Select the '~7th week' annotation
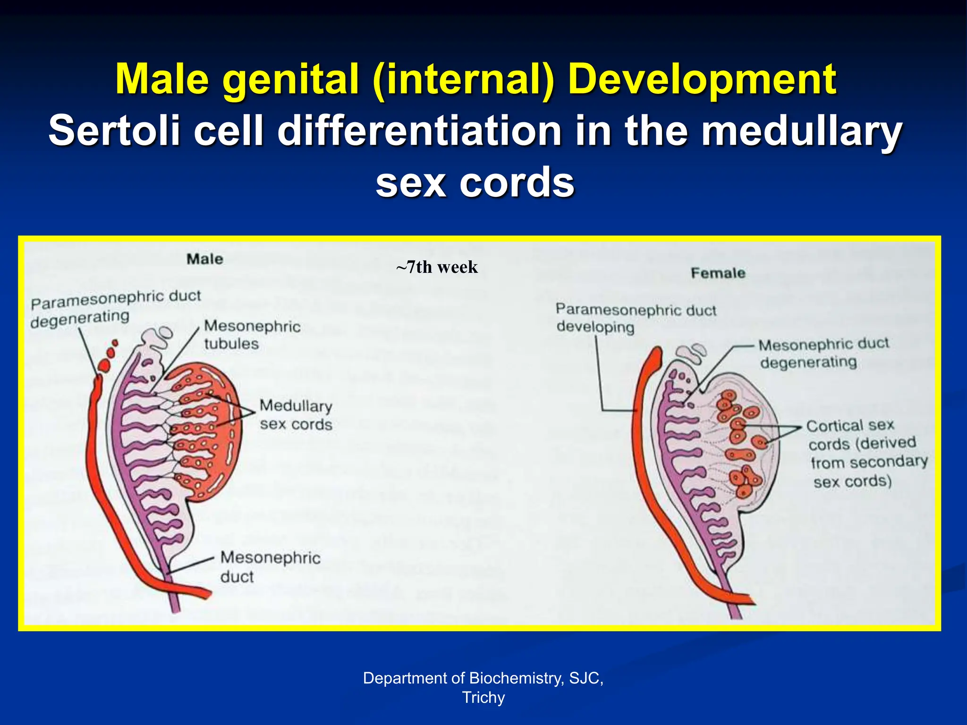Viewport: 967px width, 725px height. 437,267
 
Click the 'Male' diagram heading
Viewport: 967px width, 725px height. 204,259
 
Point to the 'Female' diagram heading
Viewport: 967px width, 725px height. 718,273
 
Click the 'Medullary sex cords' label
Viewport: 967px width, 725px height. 296,415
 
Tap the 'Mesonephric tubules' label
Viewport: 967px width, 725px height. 252,335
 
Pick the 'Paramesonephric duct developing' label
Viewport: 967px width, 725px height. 636,318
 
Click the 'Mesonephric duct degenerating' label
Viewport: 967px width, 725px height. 823,353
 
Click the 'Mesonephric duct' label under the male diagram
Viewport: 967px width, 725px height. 270,566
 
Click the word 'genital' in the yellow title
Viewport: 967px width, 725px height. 291,79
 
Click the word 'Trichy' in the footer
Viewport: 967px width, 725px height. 483,697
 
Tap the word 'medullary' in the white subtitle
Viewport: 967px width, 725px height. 801,131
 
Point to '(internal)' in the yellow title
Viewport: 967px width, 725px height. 463,79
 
